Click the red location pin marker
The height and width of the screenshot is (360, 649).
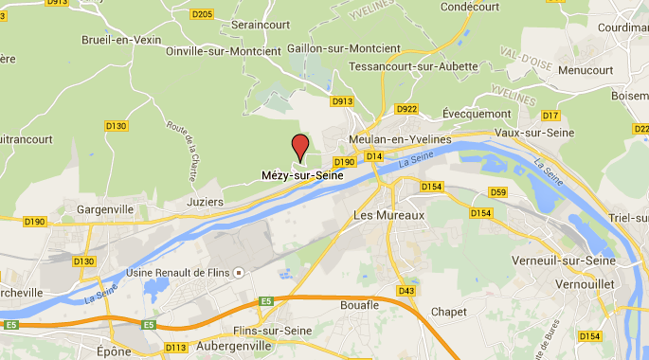coord(300,147)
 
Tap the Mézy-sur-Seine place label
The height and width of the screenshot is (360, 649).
coord(301,175)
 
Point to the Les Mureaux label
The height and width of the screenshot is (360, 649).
coord(388,215)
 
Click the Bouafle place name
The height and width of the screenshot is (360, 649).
coord(359,305)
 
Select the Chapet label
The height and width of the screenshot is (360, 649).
coord(448,311)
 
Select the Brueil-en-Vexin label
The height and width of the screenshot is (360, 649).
coord(123,40)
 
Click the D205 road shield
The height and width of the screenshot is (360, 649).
coord(202,14)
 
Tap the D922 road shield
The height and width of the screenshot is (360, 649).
coord(406,109)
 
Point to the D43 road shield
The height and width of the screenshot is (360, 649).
coord(407,290)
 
